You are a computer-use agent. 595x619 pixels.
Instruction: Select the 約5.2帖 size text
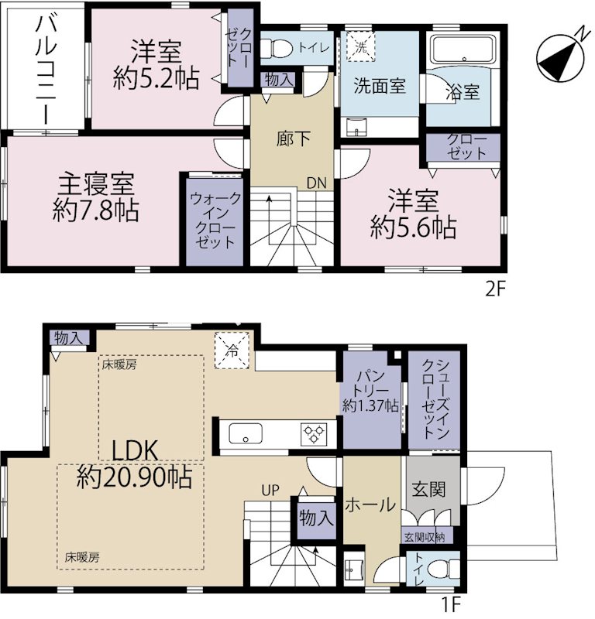pos(156,79)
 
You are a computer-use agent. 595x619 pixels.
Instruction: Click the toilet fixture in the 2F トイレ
pos(280,49)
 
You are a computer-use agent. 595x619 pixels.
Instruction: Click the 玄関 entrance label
pos(428,489)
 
